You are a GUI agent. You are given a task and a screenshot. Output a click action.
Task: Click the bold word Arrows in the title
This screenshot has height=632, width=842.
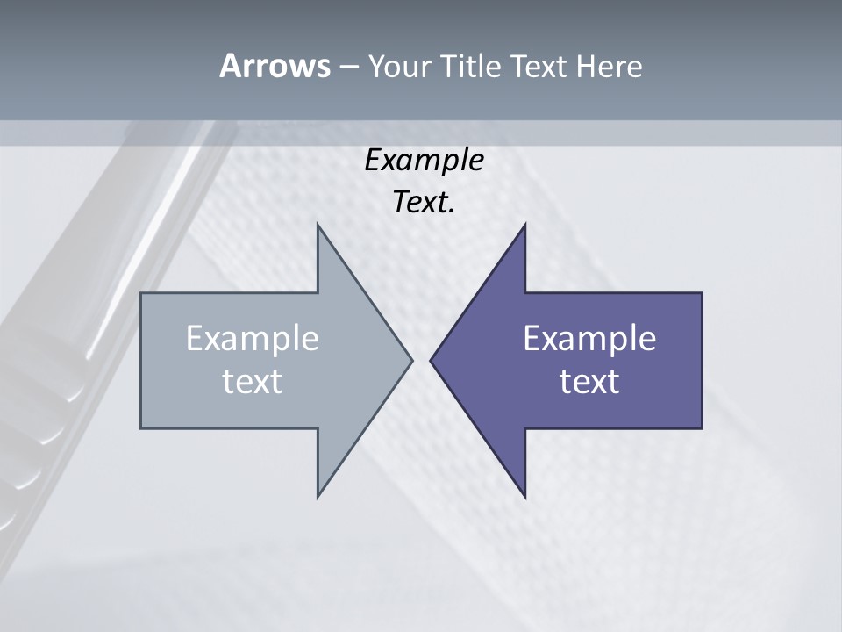click(x=274, y=66)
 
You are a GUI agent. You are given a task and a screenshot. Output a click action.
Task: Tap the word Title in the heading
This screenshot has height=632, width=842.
click(x=477, y=66)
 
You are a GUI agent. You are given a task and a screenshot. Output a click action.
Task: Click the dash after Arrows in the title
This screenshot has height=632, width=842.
click(x=348, y=67)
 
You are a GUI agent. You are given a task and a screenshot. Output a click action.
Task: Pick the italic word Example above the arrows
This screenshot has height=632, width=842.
click(x=424, y=160)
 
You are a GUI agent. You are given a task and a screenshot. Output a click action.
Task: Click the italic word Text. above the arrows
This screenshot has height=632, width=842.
click(x=424, y=203)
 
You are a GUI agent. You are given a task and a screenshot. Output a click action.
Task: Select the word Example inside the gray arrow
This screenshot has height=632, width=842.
click(x=252, y=338)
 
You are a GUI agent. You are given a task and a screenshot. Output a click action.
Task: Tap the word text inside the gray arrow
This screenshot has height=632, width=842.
click(x=252, y=381)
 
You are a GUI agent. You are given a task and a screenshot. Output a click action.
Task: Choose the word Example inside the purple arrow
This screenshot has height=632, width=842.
click(x=589, y=338)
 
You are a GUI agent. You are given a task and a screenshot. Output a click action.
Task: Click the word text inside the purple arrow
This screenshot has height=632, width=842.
click(x=589, y=381)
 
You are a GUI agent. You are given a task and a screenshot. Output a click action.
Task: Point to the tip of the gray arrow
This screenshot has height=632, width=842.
click(x=411, y=360)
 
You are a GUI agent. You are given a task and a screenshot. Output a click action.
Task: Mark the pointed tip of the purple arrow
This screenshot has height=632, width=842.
click(x=431, y=360)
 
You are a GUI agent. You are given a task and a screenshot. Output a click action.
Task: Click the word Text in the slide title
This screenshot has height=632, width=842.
click(x=539, y=66)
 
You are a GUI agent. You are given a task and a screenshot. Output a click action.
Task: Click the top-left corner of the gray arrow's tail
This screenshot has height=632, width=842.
click(x=142, y=294)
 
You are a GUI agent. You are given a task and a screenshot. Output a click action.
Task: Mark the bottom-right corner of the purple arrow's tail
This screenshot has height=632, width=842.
click(x=702, y=427)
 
